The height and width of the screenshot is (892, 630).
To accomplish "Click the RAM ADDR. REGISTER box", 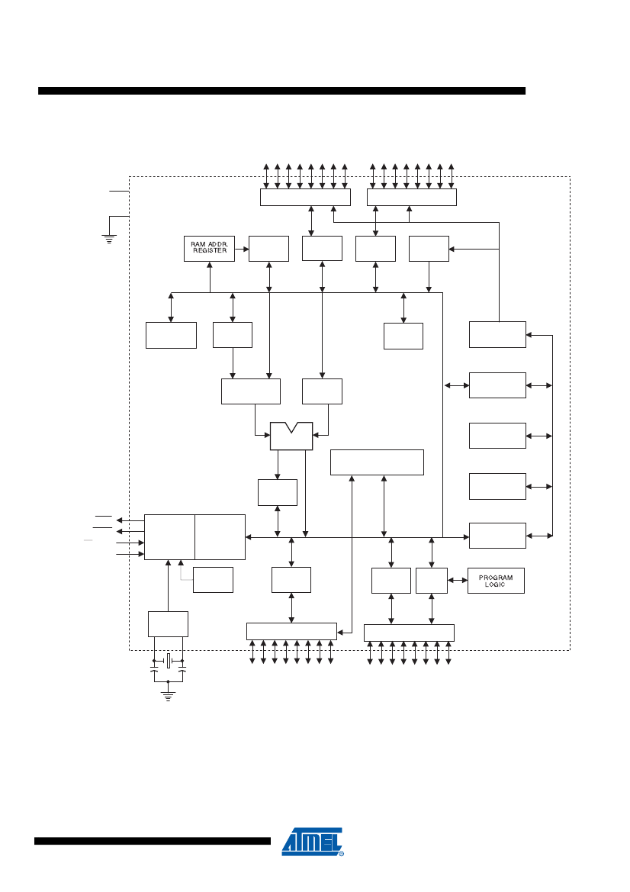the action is click(x=209, y=249).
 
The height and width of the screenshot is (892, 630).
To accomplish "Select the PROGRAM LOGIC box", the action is click(x=496, y=581).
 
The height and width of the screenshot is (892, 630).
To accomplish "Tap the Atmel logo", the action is click(x=313, y=842).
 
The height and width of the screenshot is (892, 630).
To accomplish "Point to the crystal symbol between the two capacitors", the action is click(x=169, y=661).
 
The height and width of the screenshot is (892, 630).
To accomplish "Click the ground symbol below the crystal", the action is click(x=168, y=696).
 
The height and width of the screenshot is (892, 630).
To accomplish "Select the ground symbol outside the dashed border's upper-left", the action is click(x=109, y=239).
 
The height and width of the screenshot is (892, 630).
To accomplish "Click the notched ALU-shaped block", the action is click(x=291, y=436).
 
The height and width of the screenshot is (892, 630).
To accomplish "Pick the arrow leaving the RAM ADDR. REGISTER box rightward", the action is click(x=242, y=250).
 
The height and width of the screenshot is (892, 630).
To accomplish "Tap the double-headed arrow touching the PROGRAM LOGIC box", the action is click(x=458, y=580).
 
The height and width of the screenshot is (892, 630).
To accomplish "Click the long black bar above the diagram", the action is click(x=281, y=91).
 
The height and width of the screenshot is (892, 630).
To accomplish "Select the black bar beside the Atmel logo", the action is click(x=153, y=841).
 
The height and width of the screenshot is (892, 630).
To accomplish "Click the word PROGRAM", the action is click(x=496, y=578).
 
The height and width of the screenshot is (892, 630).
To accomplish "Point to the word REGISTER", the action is click(x=210, y=251).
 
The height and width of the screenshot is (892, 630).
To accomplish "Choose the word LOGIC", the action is click(x=495, y=584).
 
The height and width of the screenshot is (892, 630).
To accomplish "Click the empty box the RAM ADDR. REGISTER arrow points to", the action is click(x=269, y=249).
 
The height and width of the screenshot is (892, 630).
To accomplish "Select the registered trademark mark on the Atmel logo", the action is click(x=341, y=853).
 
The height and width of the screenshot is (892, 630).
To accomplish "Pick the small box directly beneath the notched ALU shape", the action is click(x=278, y=492).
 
